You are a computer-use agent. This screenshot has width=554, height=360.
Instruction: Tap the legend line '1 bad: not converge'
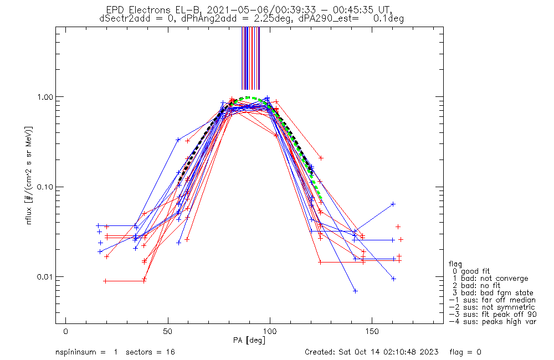click(x=489, y=278)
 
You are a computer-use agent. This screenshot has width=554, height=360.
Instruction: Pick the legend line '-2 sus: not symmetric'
click(x=492, y=307)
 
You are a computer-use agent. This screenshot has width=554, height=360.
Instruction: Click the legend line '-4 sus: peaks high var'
click(x=492, y=321)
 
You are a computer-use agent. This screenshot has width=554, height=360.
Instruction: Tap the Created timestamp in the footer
click(x=372, y=352)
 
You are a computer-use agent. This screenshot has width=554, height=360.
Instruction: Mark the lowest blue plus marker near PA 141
click(x=355, y=291)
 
